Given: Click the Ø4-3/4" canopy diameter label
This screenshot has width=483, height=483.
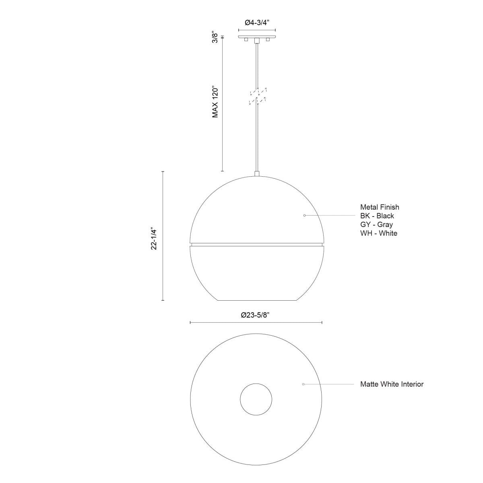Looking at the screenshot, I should (x=257, y=23).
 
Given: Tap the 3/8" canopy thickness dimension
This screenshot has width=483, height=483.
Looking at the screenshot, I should (x=215, y=37).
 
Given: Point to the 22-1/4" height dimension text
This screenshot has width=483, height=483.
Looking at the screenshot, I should (x=154, y=239).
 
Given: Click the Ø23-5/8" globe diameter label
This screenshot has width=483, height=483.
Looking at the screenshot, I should (x=255, y=315).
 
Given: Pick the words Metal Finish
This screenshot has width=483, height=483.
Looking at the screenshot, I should (x=380, y=207).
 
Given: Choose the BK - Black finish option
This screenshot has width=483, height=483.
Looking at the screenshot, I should (x=377, y=216).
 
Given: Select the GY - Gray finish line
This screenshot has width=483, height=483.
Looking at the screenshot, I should (x=376, y=225).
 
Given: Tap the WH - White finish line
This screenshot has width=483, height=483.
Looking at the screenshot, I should (x=378, y=233).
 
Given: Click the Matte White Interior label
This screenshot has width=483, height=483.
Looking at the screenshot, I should (x=392, y=384).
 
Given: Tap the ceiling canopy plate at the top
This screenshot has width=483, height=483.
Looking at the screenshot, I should (x=257, y=37).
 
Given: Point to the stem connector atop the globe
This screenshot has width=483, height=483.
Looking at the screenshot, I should (x=256, y=174).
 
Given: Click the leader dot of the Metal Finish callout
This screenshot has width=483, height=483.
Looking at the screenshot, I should (x=304, y=216).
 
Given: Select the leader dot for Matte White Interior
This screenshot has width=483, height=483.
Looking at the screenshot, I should (x=303, y=384).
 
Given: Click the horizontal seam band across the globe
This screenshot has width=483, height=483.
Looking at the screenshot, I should (x=256, y=244).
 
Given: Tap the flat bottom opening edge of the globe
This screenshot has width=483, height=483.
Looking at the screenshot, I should (x=256, y=300).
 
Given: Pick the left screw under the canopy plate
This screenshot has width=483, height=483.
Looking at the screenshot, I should (x=246, y=40).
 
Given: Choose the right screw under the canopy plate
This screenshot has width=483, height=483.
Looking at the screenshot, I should (x=267, y=40).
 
